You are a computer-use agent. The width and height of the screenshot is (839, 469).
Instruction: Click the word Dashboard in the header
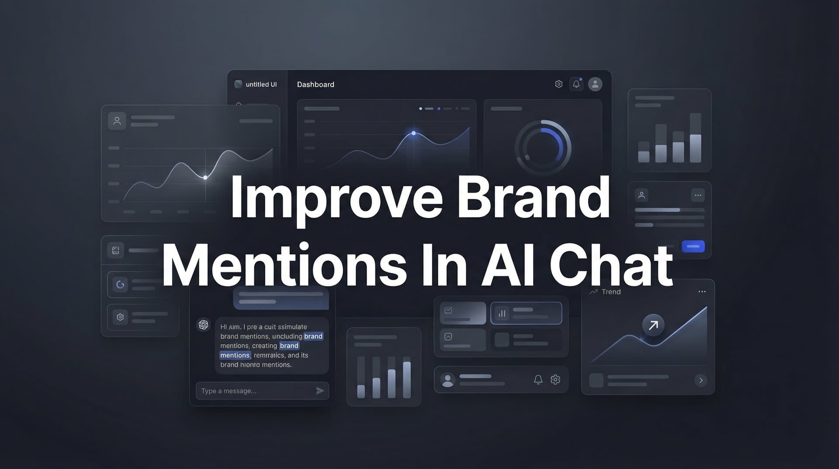point(315,84)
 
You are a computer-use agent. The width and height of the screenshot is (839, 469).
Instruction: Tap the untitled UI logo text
point(261,84)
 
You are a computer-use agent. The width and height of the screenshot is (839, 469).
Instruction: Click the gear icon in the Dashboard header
point(558,84)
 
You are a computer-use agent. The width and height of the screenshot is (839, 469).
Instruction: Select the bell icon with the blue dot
point(576,84)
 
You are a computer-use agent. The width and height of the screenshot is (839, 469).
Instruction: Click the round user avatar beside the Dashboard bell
point(595,84)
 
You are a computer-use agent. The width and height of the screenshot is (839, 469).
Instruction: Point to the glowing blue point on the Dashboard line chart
point(413,133)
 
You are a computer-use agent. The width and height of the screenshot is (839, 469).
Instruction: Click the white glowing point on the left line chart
point(205,177)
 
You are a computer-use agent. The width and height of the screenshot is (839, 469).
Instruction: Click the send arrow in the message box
point(320,391)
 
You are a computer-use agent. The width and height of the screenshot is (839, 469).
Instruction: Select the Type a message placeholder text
point(229,391)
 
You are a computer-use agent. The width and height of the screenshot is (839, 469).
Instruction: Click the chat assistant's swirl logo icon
point(204,325)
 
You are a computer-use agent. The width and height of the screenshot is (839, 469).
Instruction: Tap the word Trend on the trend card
point(611,292)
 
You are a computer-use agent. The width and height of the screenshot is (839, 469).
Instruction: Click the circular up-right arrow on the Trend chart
point(653,325)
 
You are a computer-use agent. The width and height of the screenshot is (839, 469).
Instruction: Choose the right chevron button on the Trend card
point(701,380)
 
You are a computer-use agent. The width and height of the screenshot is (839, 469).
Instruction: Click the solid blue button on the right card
point(693,246)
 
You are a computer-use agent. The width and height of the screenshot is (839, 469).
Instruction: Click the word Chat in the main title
point(611,265)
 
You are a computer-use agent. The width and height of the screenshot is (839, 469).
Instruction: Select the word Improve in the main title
point(336,198)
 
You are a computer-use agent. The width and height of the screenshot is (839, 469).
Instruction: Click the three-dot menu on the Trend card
point(702,292)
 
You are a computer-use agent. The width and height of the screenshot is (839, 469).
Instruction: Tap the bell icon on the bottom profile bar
point(538,380)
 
